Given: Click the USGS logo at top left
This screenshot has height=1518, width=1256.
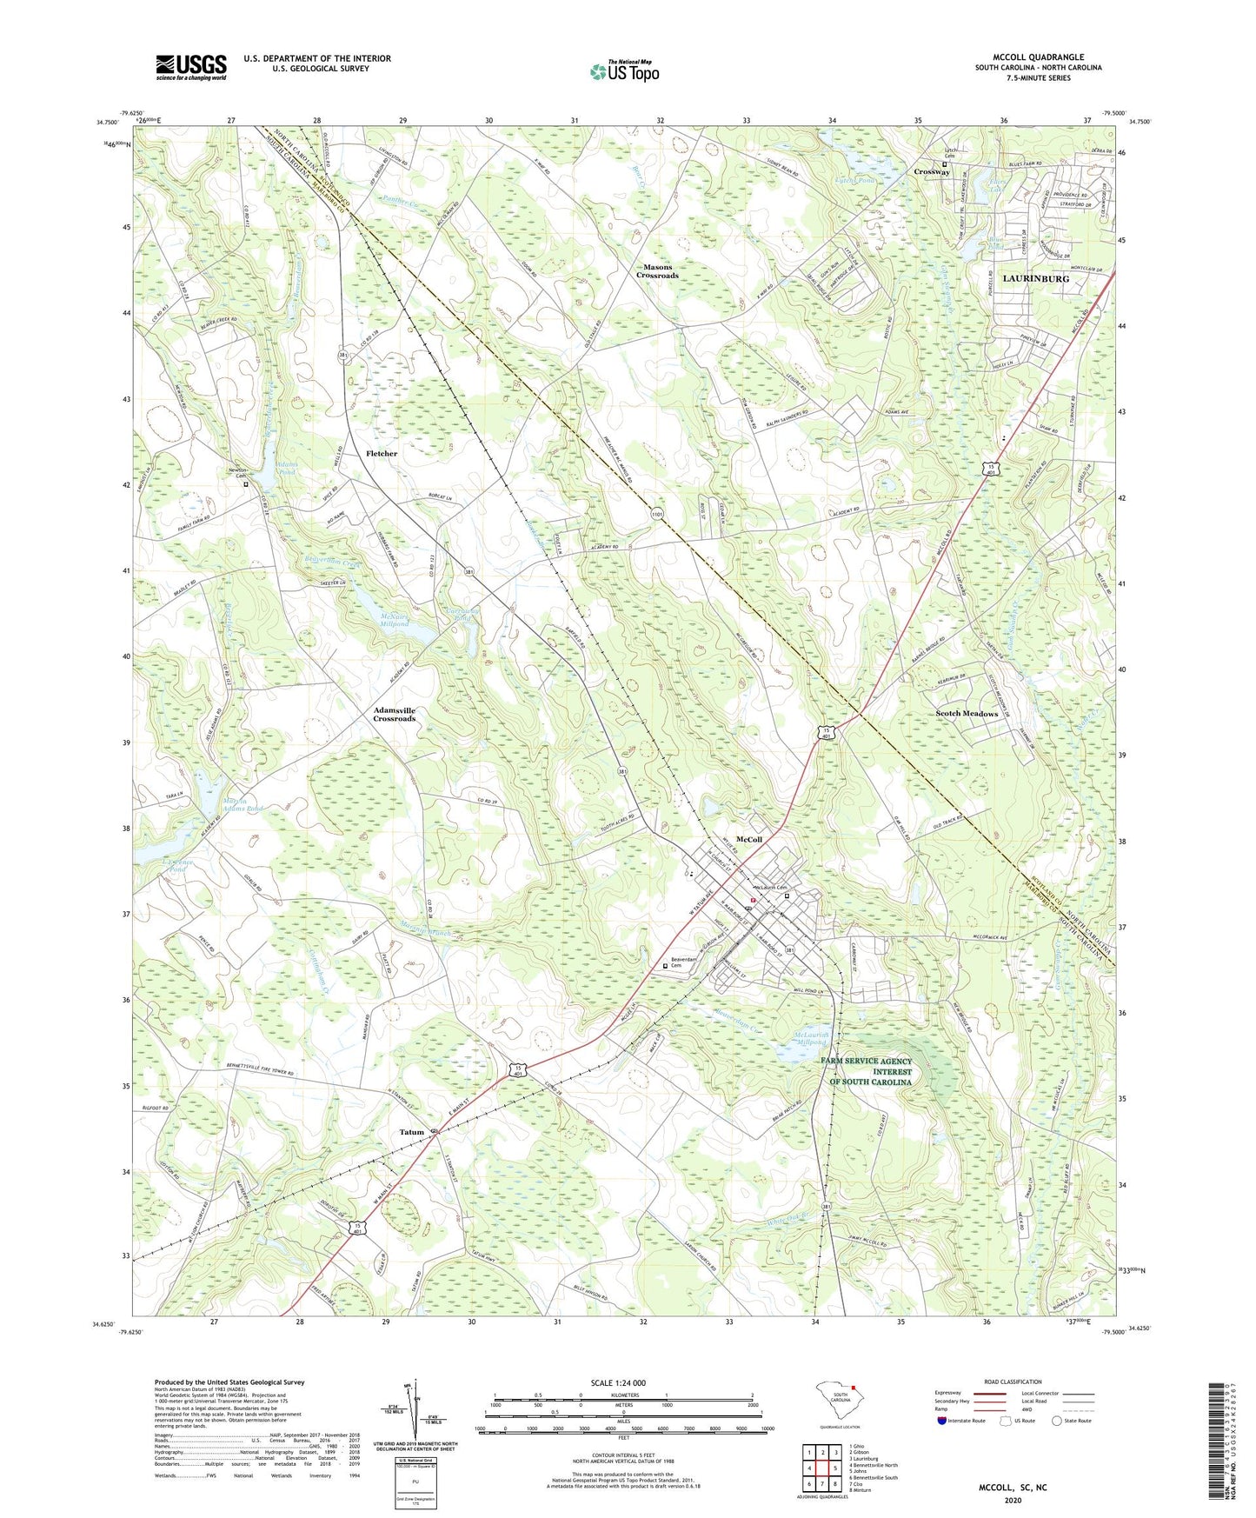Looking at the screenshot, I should pos(190,67).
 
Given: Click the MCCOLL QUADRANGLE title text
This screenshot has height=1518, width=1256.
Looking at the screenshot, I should pos(1038,57).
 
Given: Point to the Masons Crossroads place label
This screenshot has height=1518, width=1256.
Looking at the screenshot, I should pos(657,271).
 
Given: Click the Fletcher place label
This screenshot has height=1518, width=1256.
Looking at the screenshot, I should pos(382,454).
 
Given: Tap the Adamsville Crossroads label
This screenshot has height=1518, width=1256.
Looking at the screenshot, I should pos(395,715).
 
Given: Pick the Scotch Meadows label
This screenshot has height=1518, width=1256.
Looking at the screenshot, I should pos(967,714).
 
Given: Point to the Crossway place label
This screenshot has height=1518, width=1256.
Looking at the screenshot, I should pos(931,172).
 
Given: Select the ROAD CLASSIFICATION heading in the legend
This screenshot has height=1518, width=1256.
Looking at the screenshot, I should pos(1013,1382).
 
